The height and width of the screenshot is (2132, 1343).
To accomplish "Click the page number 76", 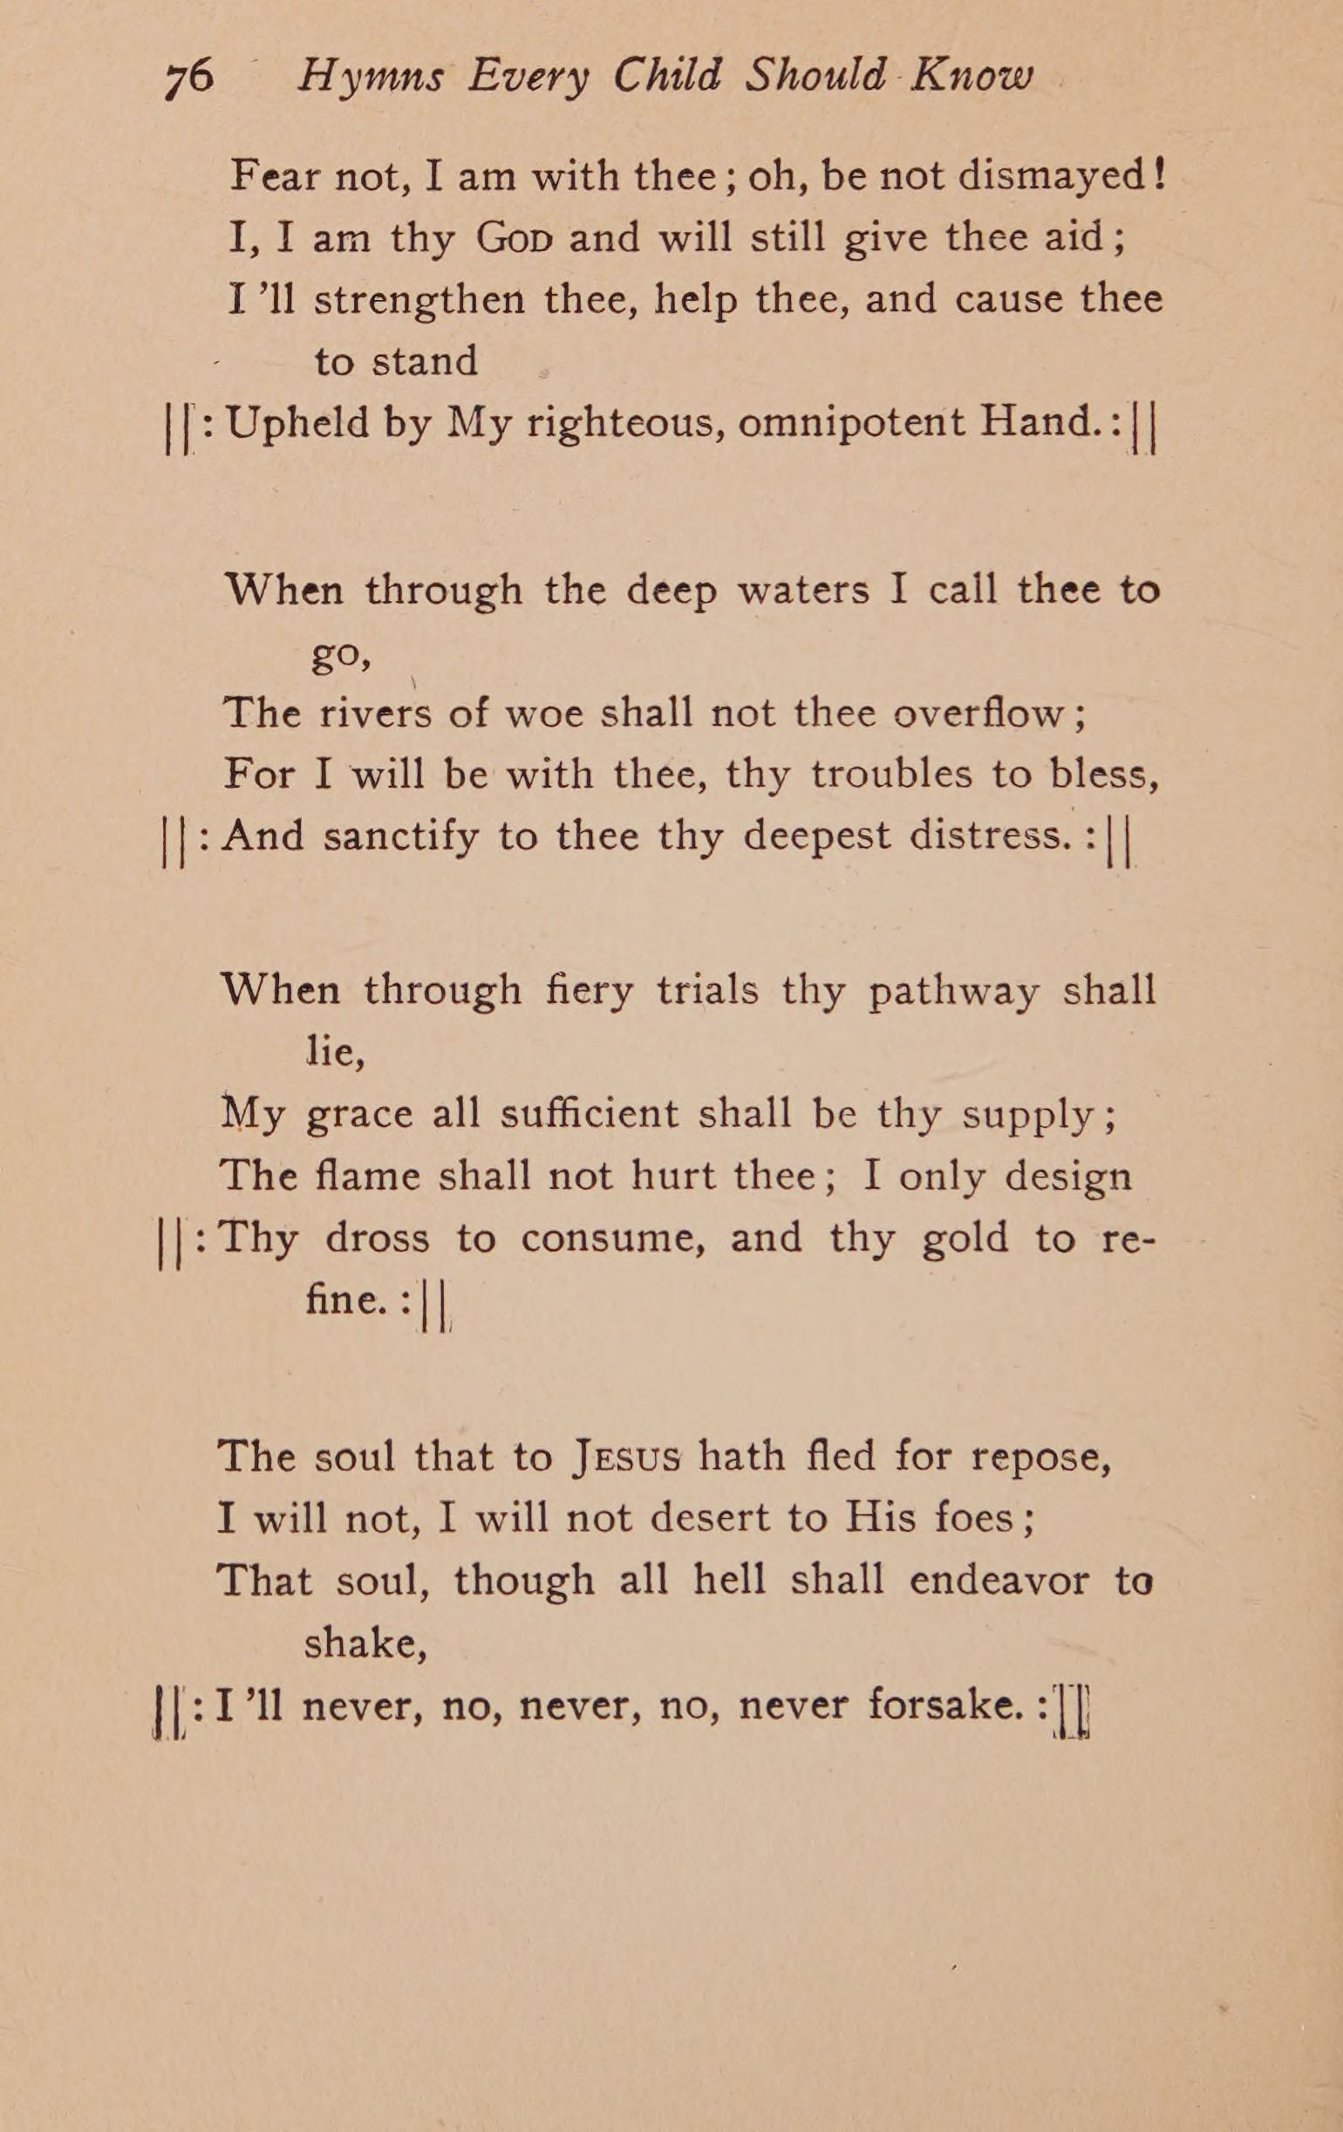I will pyautogui.click(x=188, y=79).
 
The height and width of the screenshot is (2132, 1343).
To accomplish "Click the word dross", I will pyautogui.click(x=377, y=1238).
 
